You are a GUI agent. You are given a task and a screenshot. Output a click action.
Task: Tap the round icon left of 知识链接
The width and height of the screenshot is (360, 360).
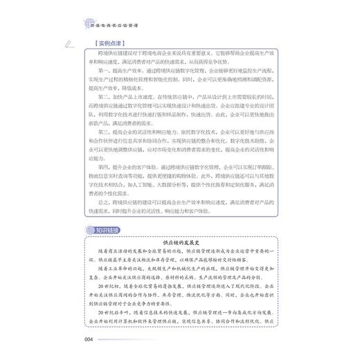(x=88, y=231)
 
